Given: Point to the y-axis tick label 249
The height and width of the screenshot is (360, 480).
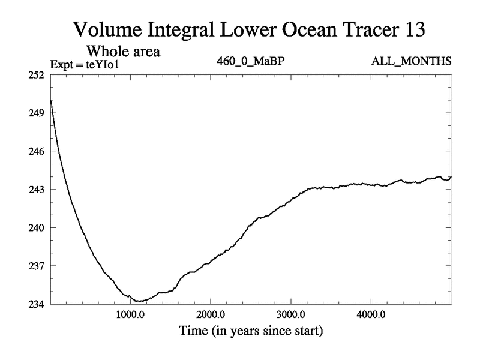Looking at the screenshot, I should [38, 113].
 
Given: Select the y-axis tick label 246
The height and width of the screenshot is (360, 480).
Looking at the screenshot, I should [38, 151].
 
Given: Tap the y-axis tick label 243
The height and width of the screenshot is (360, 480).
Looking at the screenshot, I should [38, 190].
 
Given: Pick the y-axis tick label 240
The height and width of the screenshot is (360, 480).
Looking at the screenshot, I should [38, 227].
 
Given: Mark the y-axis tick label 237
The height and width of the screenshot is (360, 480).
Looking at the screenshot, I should [38, 266].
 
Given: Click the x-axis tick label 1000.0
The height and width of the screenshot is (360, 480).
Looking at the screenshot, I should [130, 314].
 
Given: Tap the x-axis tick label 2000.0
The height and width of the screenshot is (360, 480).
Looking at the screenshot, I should [211, 314].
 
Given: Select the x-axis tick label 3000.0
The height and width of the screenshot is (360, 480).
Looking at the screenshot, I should [290, 314].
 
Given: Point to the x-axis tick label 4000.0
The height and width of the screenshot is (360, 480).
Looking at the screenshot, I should [370, 314].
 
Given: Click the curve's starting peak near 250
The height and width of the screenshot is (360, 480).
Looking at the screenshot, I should [51, 100].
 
